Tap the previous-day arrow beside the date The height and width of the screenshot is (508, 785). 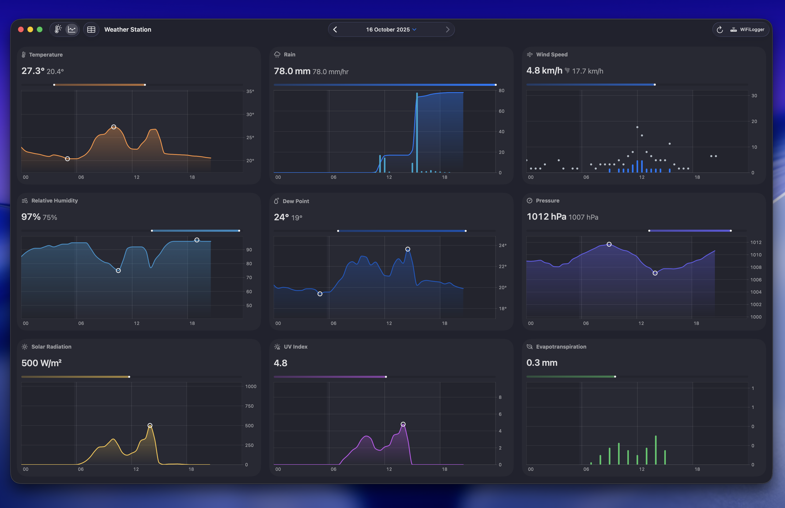(335, 30)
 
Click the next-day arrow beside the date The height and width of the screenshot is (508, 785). (447, 30)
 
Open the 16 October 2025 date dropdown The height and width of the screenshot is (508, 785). (391, 30)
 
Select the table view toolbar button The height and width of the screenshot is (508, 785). (91, 30)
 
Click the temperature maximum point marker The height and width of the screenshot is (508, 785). (113, 127)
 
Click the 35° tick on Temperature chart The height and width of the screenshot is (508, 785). (250, 91)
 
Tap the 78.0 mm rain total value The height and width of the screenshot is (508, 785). (292, 71)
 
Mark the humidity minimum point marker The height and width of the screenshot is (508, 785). (118, 271)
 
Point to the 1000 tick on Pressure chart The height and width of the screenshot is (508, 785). (756, 317)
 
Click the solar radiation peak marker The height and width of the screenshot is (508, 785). (150, 426)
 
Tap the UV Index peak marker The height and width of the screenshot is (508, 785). (403, 424)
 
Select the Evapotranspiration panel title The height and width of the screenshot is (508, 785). (561, 347)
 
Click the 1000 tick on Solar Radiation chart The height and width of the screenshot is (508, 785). (251, 386)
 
